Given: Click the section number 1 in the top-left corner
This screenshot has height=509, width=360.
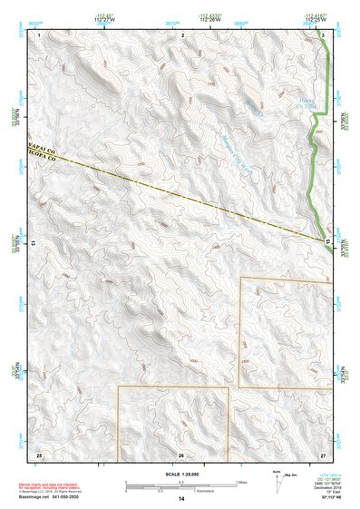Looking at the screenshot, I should pos(39,33).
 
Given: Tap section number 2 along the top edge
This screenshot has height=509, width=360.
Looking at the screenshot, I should pos(183,33).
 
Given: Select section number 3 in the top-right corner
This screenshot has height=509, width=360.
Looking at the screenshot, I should pos(324,33).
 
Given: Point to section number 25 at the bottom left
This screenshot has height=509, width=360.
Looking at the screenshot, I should pos(39,453).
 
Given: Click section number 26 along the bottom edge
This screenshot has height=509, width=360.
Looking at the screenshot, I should pos(181,454).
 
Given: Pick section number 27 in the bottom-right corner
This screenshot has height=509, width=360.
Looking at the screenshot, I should pos(323,453).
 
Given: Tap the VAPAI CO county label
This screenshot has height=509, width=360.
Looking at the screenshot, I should pos(42,145).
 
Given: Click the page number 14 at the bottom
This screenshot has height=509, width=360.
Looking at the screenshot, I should pos(181,499).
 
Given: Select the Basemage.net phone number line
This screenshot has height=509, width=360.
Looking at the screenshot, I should pos(50,497).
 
